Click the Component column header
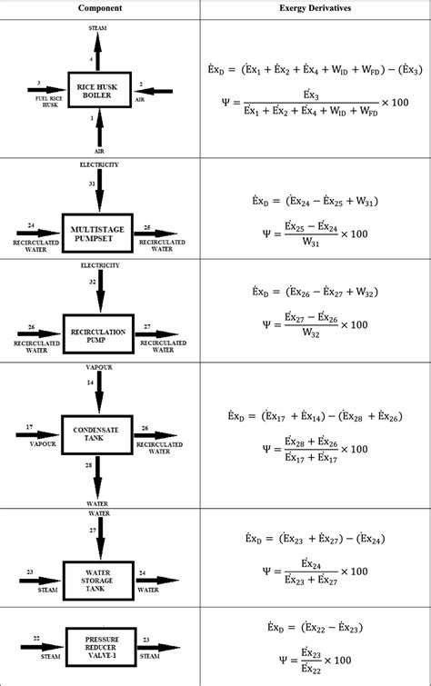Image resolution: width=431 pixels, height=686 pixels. (x=100, y=7)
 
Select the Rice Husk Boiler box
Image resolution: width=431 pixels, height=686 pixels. (x=99, y=91)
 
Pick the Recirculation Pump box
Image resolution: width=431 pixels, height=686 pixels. (x=99, y=333)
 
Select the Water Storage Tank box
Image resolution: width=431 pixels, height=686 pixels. (x=99, y=575)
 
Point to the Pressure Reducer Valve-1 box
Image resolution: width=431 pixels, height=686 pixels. (x=99, y=645)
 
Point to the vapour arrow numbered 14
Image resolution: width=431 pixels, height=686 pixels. (x=99, y=393)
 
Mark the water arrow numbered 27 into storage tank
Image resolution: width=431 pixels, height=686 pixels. (x=99, y=536)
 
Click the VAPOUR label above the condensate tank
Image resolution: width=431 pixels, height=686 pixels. (x=99, y=368)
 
